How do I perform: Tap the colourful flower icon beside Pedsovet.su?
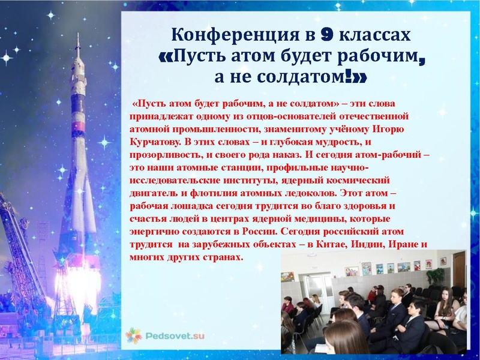[134, 335]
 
